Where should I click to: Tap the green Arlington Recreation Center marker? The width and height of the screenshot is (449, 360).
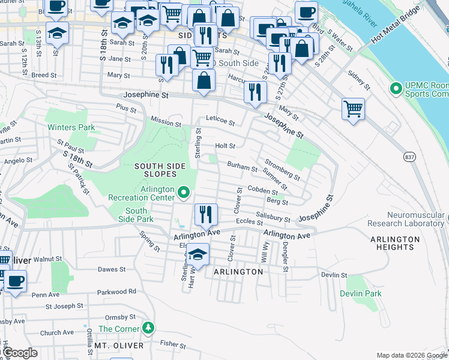click(184, 193)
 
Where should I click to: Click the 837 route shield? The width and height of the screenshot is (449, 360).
click(409, 157)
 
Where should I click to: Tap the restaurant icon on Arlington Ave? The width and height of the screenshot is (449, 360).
click(205, 215)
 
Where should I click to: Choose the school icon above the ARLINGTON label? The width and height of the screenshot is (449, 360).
click(197, 255)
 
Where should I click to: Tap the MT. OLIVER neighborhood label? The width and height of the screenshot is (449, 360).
click(119, 346)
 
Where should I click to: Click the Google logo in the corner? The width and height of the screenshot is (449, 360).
click(20, 353)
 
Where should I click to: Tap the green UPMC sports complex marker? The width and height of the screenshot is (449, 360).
click(395, 89)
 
